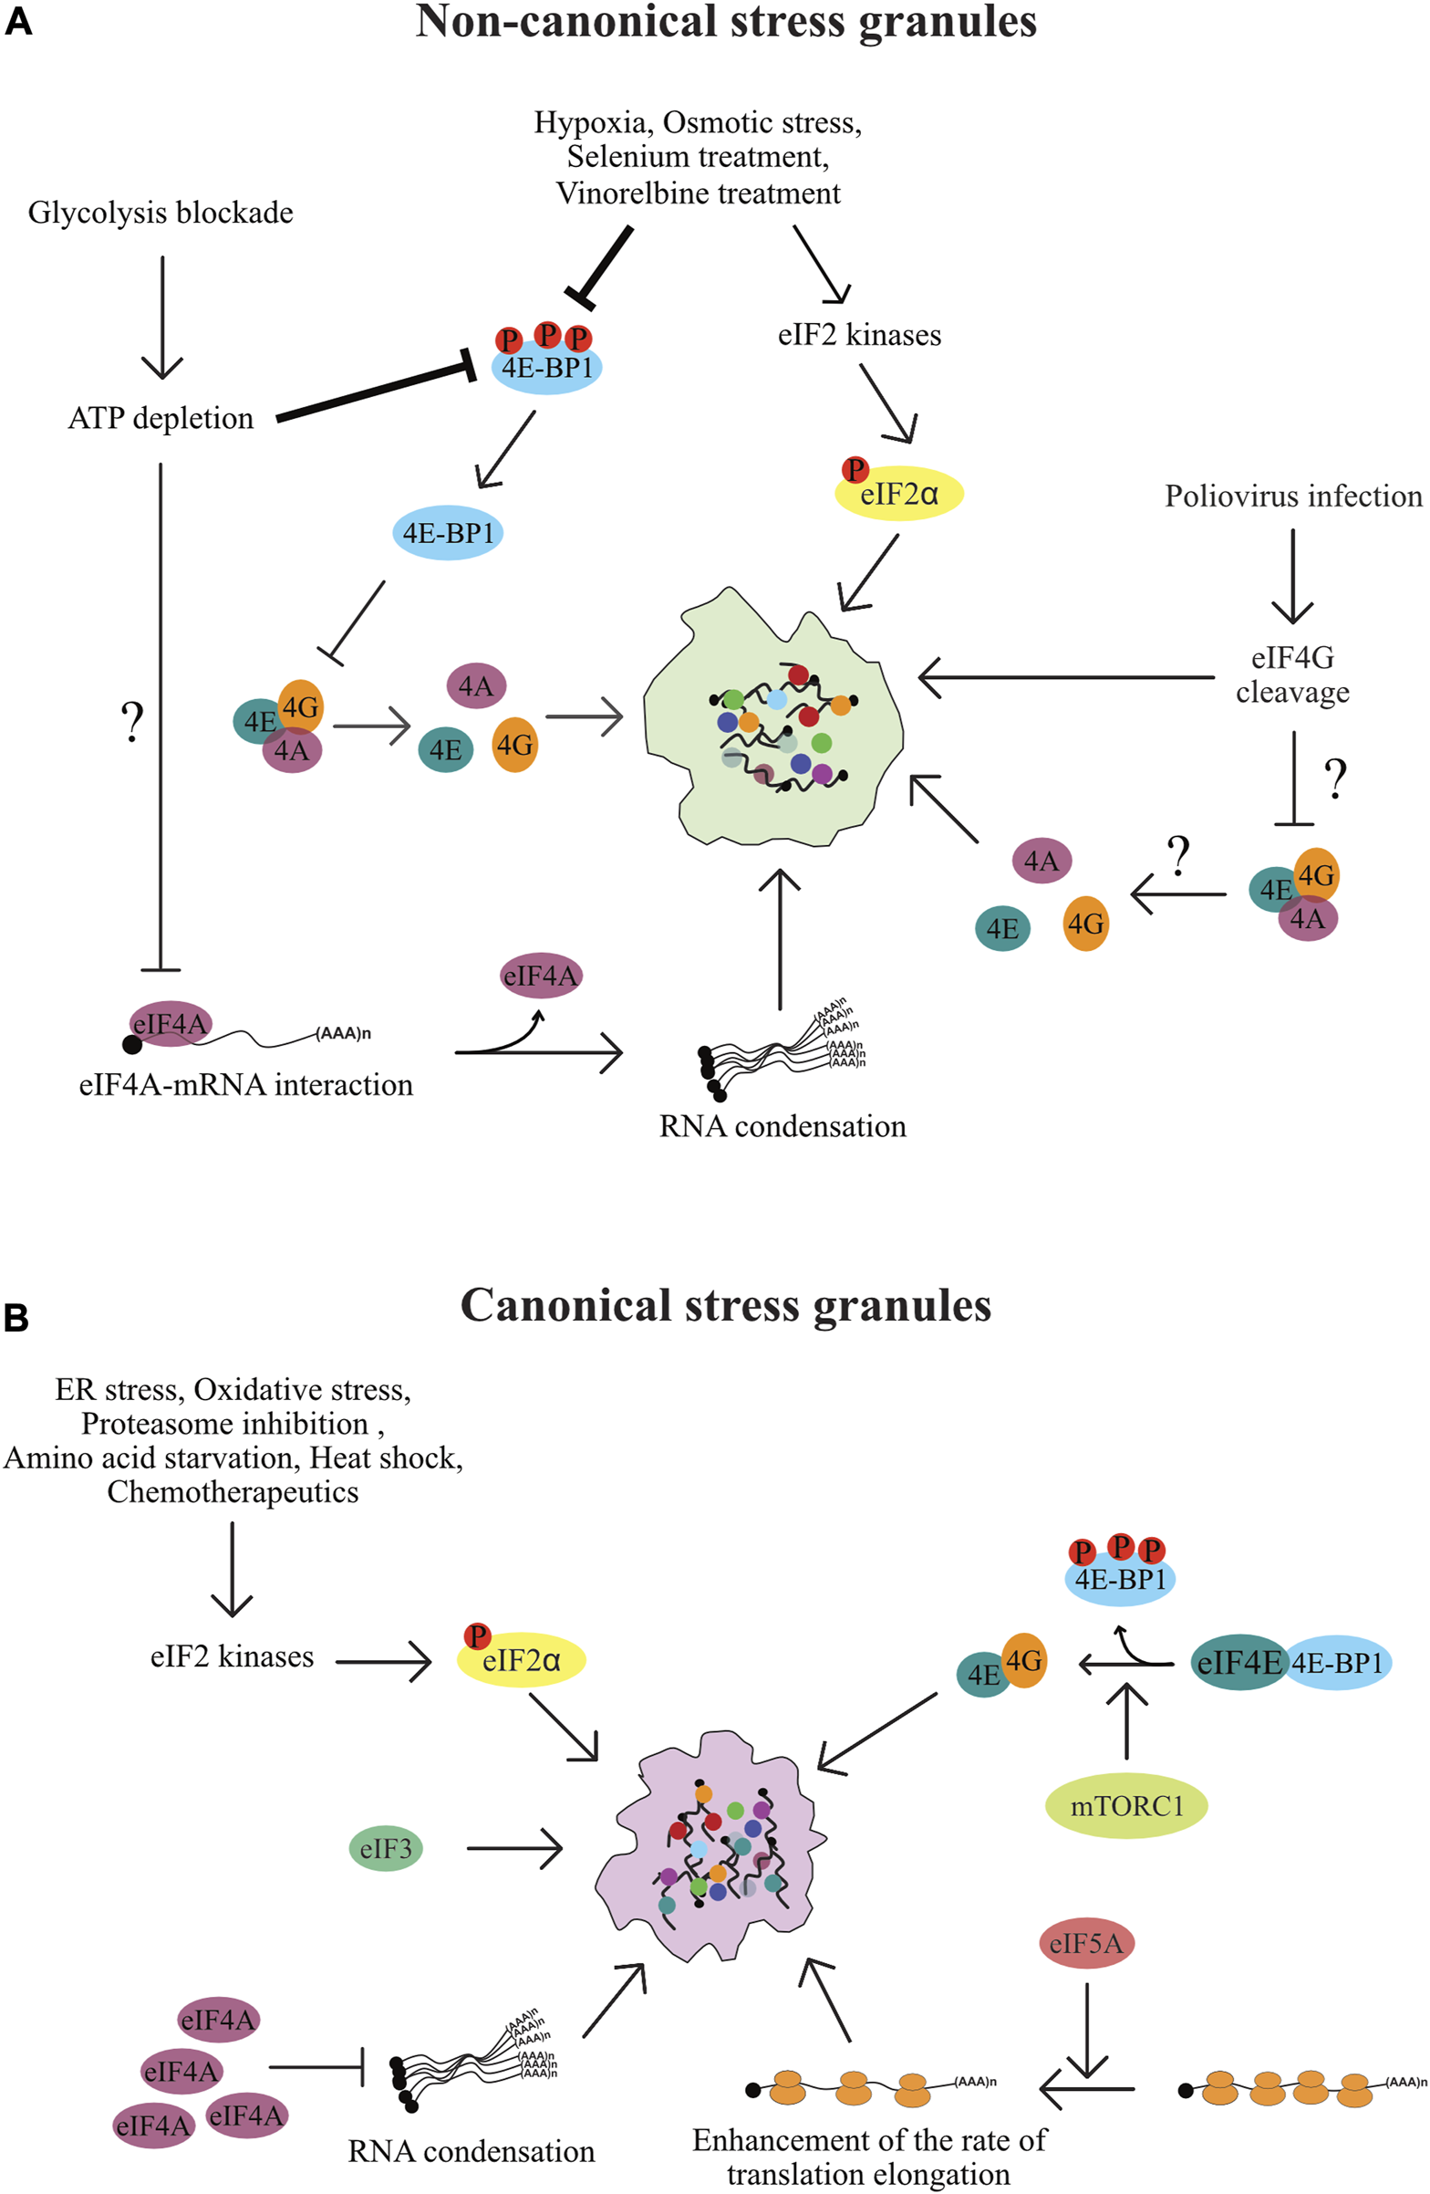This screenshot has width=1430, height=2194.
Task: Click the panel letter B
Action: tap(16, 1318)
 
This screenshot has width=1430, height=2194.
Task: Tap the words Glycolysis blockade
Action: tap(161, 213)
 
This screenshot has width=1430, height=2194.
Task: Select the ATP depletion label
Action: tap(161, 419)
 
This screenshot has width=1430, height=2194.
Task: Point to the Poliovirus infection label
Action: tap(1292, 496)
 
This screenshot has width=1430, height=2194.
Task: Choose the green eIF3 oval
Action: tap(386, 1848)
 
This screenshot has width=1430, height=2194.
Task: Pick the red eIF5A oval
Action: tap(1086, 1944)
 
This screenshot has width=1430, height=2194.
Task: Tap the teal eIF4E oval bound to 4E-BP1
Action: tap(1238, 1663)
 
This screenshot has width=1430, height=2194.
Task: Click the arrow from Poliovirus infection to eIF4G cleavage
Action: tap(1292, 575)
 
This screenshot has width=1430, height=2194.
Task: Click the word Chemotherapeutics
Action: tap(233, 1491)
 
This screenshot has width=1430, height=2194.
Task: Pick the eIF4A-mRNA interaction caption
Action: tap(246, 1085)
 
